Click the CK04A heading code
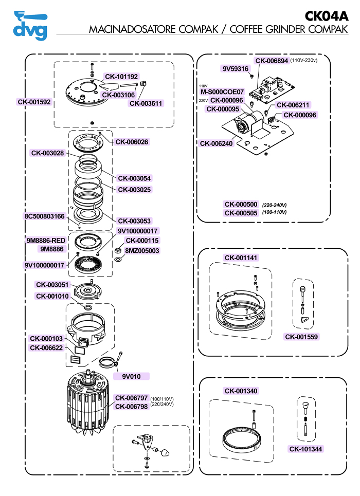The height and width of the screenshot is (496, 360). click(327, 16)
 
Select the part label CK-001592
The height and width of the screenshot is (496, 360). click(34, 102)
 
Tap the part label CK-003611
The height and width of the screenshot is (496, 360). click(146, 103)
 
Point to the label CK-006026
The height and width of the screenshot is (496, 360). click(132, 142)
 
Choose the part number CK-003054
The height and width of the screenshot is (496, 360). click(135, 178)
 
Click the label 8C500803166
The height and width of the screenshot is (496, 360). click(45, 216)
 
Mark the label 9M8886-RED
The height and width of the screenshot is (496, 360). click(46, 240)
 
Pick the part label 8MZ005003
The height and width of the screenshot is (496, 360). click(142, 251)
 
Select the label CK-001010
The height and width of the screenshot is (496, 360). click(52, 296)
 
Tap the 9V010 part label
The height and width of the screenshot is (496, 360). click(131, 376)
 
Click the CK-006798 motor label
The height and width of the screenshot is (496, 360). click(131, 407)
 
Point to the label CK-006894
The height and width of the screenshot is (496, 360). click(272, 61)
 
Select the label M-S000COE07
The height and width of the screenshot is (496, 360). click(222, 92)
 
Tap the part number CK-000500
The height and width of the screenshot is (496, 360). click(241, 205)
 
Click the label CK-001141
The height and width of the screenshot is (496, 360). click(241, 258)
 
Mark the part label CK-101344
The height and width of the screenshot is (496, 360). click(307, 449)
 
